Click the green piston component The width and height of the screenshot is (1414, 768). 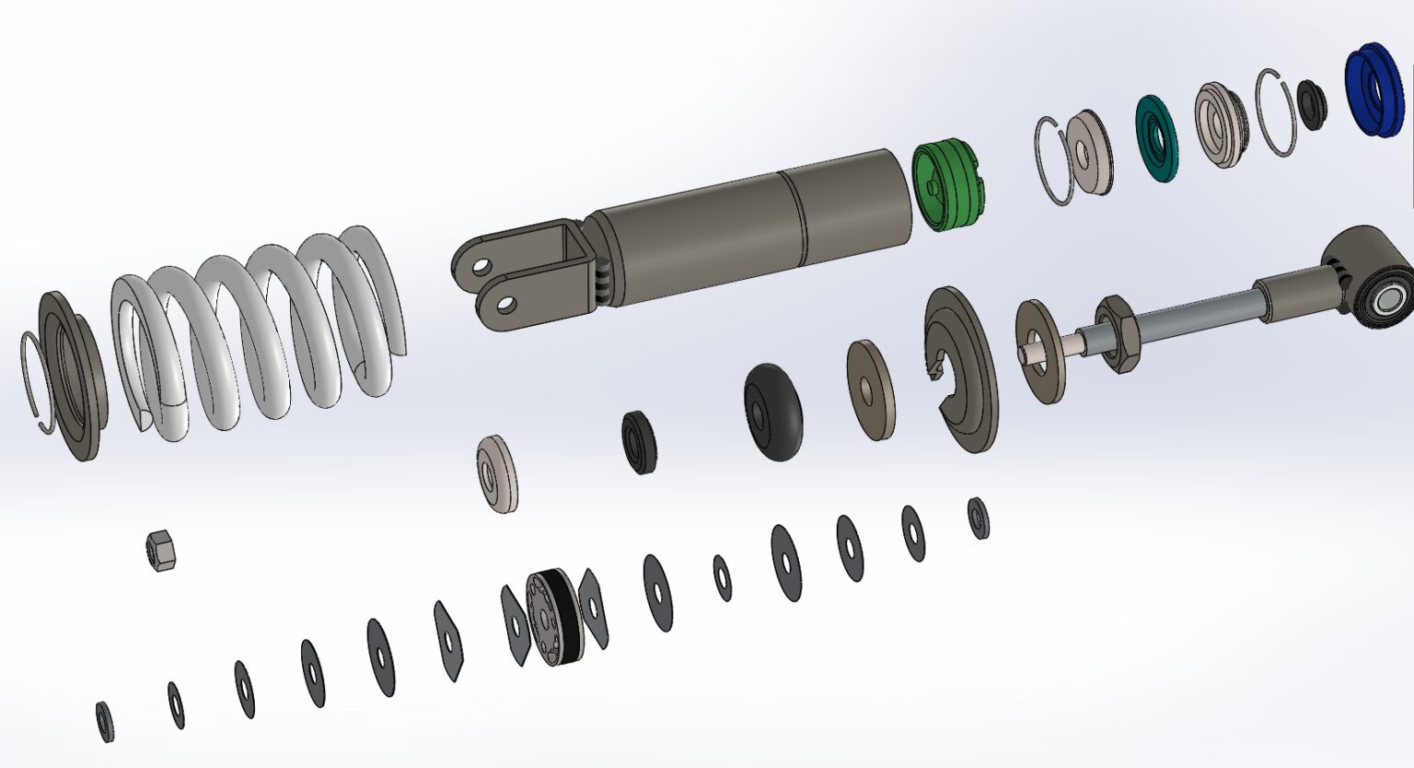(x=948, y=184)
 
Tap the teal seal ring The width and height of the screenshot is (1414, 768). (x=1155, y=135)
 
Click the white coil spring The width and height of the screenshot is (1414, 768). (x=258, y=322)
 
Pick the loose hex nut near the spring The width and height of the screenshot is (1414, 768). (x=161, y=551)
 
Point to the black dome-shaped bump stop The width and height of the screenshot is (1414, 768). (x=772, y=411)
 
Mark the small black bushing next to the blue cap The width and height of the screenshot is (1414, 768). (x=1311, y=103)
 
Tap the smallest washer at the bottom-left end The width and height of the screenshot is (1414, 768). (x=104, y=721)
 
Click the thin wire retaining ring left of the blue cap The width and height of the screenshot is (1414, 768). (x=1275, y=112)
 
